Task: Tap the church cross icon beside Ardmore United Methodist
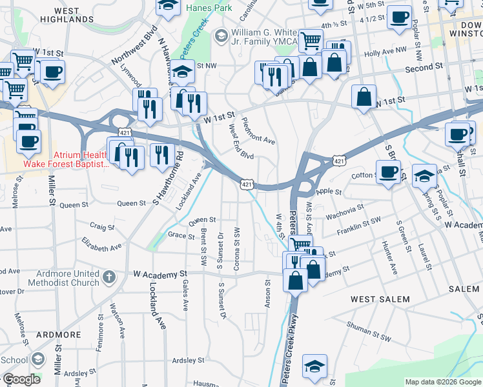pyautogui.click(x=109, y=277)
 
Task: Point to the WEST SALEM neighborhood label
pyautogui.click(x=380, y=299)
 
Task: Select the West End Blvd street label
pyautogui.click(x=241, y=142)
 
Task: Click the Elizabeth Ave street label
pyautogui.click(x=101, y=243)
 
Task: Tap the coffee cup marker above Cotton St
pyautogui.click(x=388, y=172)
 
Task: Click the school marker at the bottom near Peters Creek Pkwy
pyautogui.click(x=314, y=366)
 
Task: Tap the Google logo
pyautogui.click(x=21, y=380)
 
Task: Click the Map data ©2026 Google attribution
pyautogui.click(x=442, y=382)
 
